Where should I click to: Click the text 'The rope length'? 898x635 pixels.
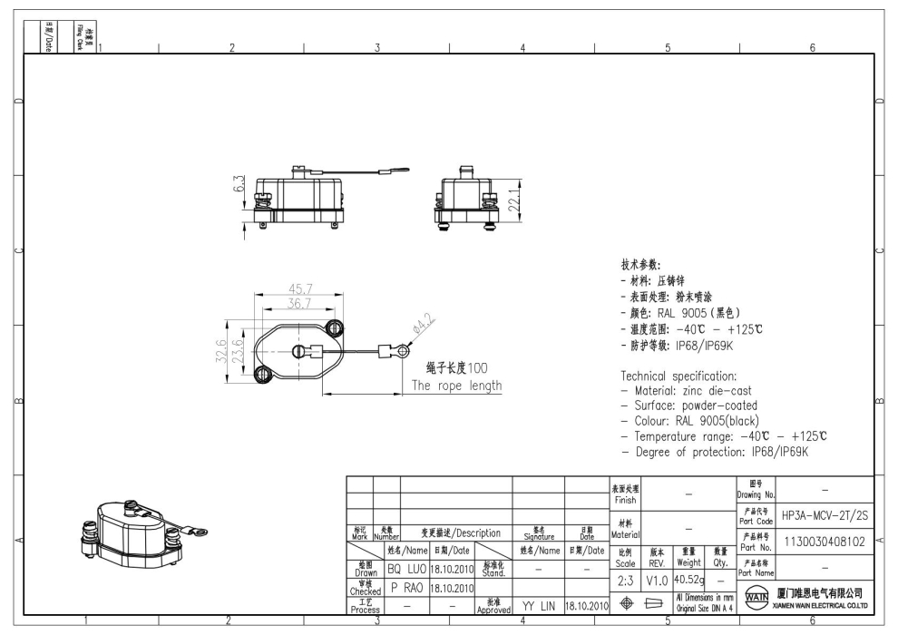pyautogui.click(x=456, y=385)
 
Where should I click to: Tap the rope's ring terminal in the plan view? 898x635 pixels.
pyautogui.click(x=394, y=348)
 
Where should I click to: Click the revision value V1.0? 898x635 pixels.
pyautogui.click(x=657, y=580)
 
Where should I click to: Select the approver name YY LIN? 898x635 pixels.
pyautogui.click(x=539, y=605)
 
